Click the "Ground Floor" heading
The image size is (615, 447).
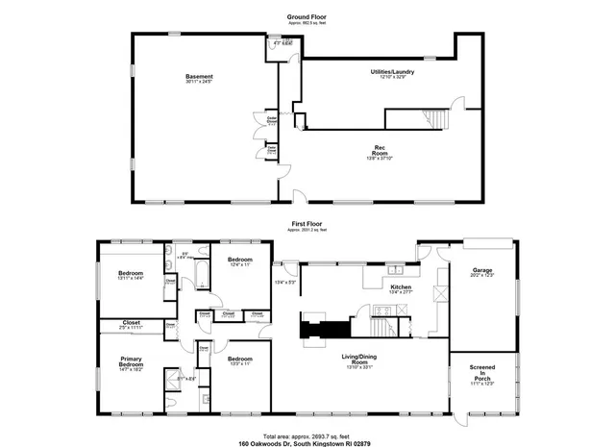307,17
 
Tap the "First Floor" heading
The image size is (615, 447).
307,222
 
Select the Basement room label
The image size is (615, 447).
199,76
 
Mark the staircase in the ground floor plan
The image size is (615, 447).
434,118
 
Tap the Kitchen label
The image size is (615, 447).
401,286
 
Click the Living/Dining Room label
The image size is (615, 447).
362,361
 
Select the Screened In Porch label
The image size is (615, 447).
482,371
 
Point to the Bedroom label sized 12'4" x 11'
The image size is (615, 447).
239,261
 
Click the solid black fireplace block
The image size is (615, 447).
323,330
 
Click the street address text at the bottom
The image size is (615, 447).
307,443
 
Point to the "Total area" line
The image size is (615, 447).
307,435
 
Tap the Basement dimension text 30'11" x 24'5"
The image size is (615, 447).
199,83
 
